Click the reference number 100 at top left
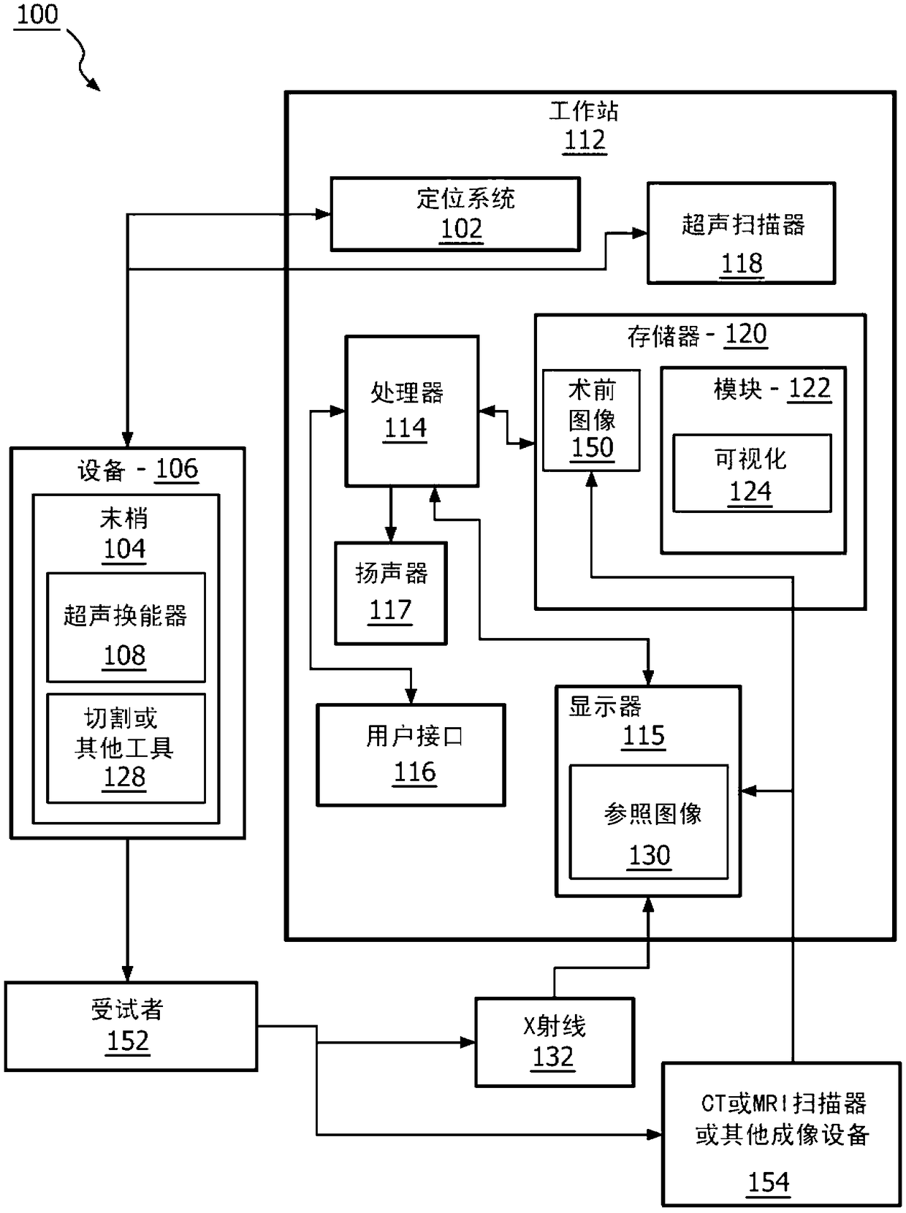click(37, 15)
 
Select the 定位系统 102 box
click(455, 213)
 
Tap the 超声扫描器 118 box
click(741, 233)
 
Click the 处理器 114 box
click(411, 411)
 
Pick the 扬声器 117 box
click(390, 593)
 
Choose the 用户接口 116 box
click(411, 755)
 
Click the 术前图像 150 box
click(591, 420)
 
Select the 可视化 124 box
click(751, 474)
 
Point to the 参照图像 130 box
click(649, 822)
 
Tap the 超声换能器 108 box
click(126, 628)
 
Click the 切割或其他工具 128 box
click(126, 748)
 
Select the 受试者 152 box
click(131, 1026)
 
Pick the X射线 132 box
click(554, 1041)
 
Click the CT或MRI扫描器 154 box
click(780, 1133)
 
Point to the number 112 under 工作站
click(585, 140)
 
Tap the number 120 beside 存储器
click(745, 334)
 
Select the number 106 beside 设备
click(177, 468)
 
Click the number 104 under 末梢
click(124, 549)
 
